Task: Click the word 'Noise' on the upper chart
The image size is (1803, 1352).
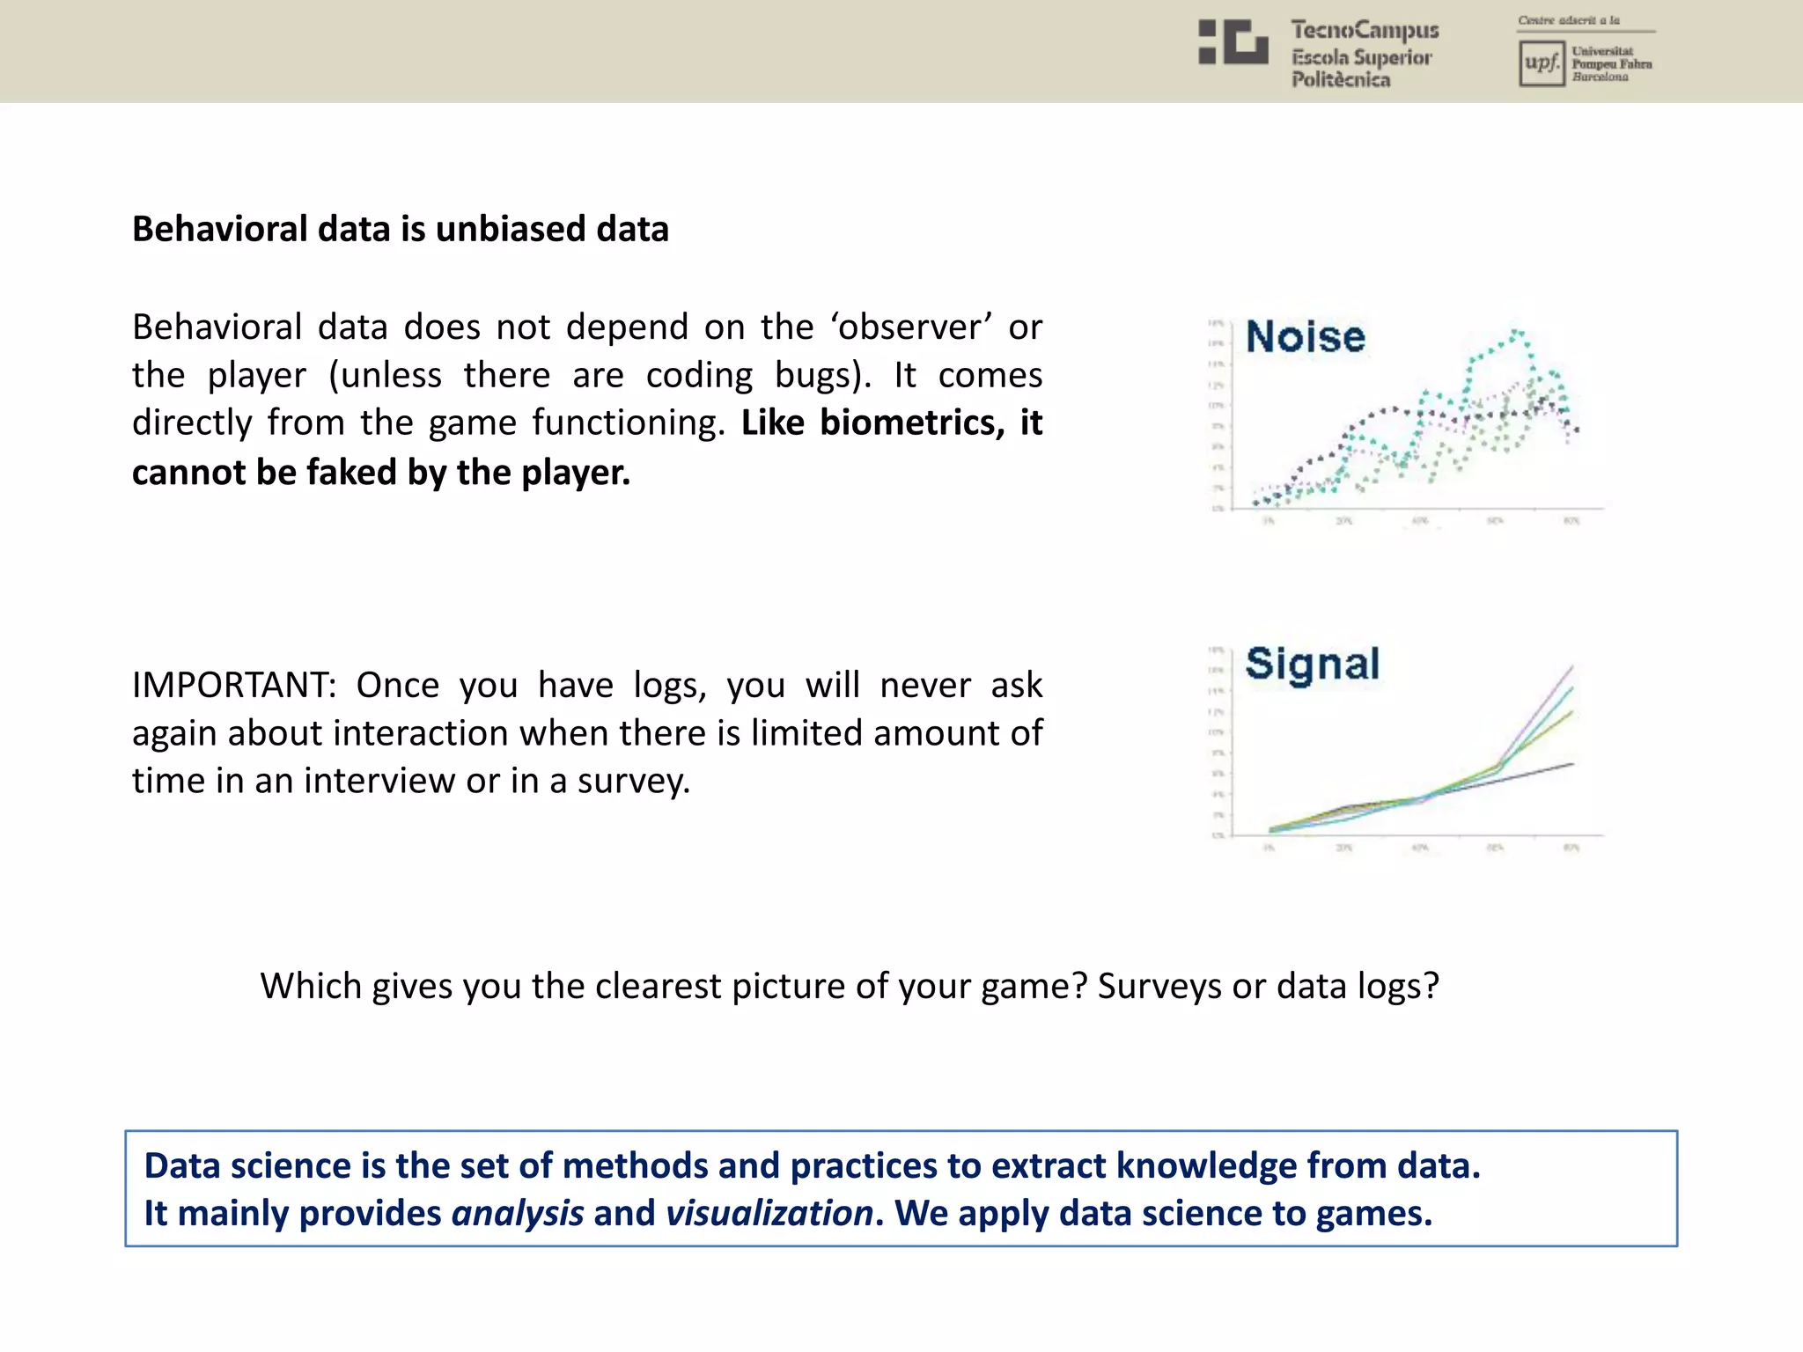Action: [x=1305, y=337]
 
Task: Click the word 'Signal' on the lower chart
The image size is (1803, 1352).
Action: [x=1312, y=665]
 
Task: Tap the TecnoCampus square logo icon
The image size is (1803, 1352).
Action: [x=1233, y=42]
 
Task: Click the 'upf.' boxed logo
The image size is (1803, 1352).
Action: [x=1542, y=63]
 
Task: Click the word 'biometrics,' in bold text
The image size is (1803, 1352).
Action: [x=912, y=422]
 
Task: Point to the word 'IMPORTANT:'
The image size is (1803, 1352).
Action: [x=234, y=685]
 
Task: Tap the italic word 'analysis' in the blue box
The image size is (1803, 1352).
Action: [x=518, y=1213]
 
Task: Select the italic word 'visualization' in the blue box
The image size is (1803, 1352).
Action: [x=769, y=1213]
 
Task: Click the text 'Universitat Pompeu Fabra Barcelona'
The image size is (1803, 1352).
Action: [x=1611, y=64]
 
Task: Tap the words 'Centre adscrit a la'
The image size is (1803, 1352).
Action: [x=1568, y=20]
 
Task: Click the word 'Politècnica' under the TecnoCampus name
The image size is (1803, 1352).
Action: [x=1340, y=80]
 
